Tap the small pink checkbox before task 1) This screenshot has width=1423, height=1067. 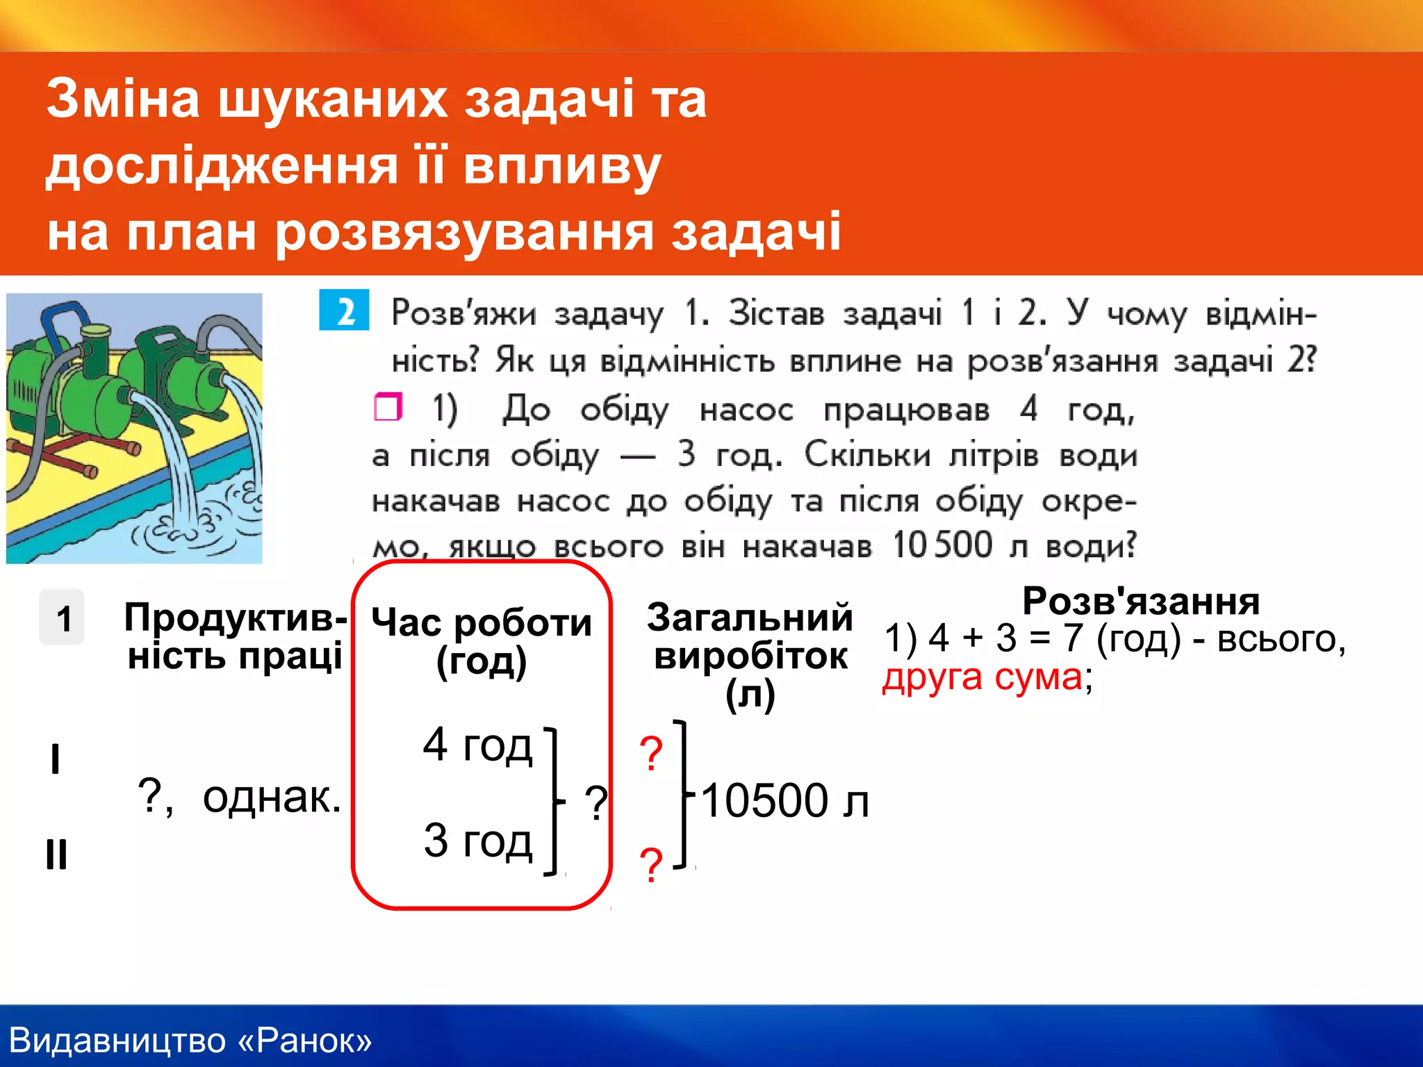pos(388,407)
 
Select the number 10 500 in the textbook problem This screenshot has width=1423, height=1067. pos(942,545)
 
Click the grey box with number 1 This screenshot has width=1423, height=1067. pos(63,618)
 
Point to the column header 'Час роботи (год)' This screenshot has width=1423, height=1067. pos(482,640)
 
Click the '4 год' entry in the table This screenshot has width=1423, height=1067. pos(477,745)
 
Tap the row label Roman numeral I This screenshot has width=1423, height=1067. pos(56,759)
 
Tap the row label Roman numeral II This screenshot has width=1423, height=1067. pos(56,854)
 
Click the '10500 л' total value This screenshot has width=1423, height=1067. pos(784,800)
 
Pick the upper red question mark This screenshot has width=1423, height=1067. pos(651,754)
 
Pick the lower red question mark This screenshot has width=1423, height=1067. pos(651,866)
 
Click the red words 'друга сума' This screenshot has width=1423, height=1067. pos(982,677)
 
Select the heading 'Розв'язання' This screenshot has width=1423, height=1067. pos(1140,601)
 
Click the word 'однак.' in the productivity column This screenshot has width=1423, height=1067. pos(272,797)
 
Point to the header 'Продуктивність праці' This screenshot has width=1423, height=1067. pos(235,636)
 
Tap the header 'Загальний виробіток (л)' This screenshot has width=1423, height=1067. pos(750,655)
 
